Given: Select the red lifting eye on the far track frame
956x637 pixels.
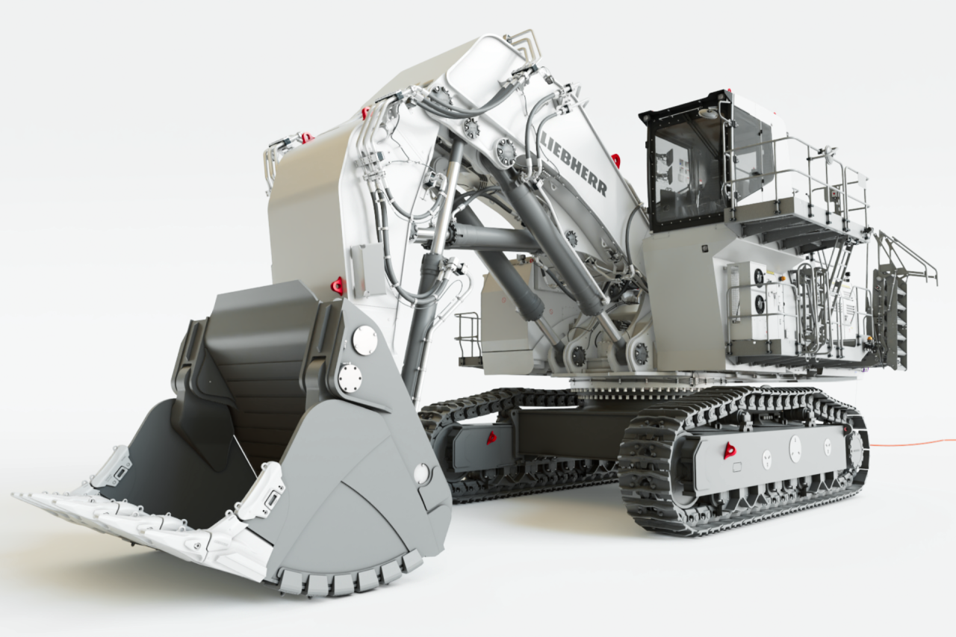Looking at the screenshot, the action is [x=491, y=438].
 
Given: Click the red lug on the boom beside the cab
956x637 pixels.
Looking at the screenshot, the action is [x=616, y=160].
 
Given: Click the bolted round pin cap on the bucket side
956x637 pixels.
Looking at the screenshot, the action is [x=350, y=376].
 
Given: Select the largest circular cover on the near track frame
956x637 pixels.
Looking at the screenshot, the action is [x=795, y=448].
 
